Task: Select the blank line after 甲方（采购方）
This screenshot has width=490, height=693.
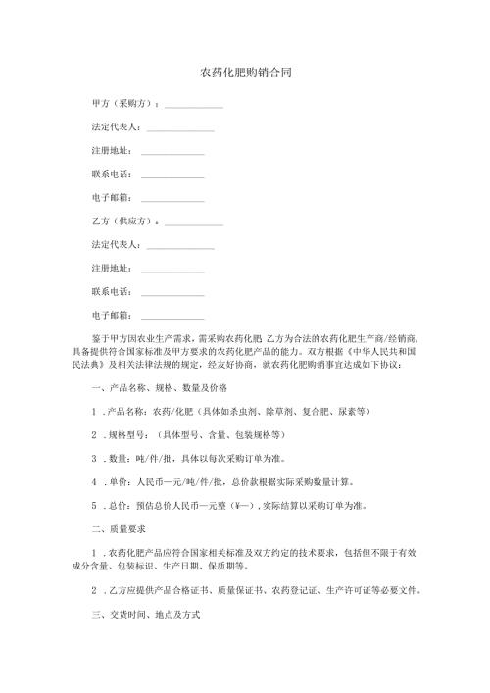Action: coord(193,106)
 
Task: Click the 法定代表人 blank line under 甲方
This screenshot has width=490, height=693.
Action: coord(179,129)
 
